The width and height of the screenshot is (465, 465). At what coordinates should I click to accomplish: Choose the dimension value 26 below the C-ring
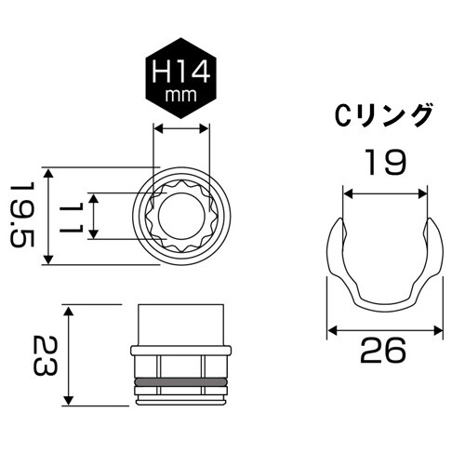(x=383, y=351)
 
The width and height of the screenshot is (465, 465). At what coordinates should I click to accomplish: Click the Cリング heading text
(x=383, y=116)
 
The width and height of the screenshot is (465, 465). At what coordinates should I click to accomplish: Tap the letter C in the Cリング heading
(x=342, y=116)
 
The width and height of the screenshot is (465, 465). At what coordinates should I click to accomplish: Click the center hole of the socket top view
(x=182, y=217)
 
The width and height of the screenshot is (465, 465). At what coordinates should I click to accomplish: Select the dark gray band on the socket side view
(x=182, y=382)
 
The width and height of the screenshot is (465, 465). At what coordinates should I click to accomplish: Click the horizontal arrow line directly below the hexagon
(x=182, y=131)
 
